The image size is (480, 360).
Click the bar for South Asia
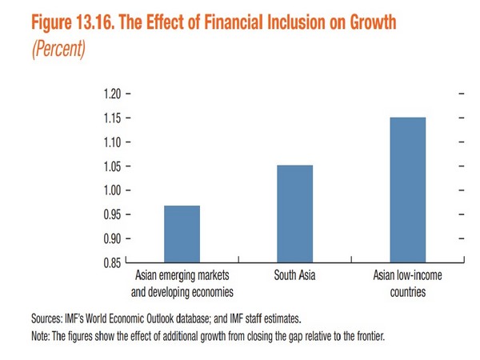(295, 214)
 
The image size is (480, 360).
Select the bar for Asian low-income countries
(408, 190)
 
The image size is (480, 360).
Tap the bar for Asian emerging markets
(182, 234)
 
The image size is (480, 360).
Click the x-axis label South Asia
(295, 277)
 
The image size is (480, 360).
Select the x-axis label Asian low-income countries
(408, 284)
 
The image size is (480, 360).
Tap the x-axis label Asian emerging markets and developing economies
(182, 284)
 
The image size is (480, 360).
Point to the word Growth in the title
(367, 22)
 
